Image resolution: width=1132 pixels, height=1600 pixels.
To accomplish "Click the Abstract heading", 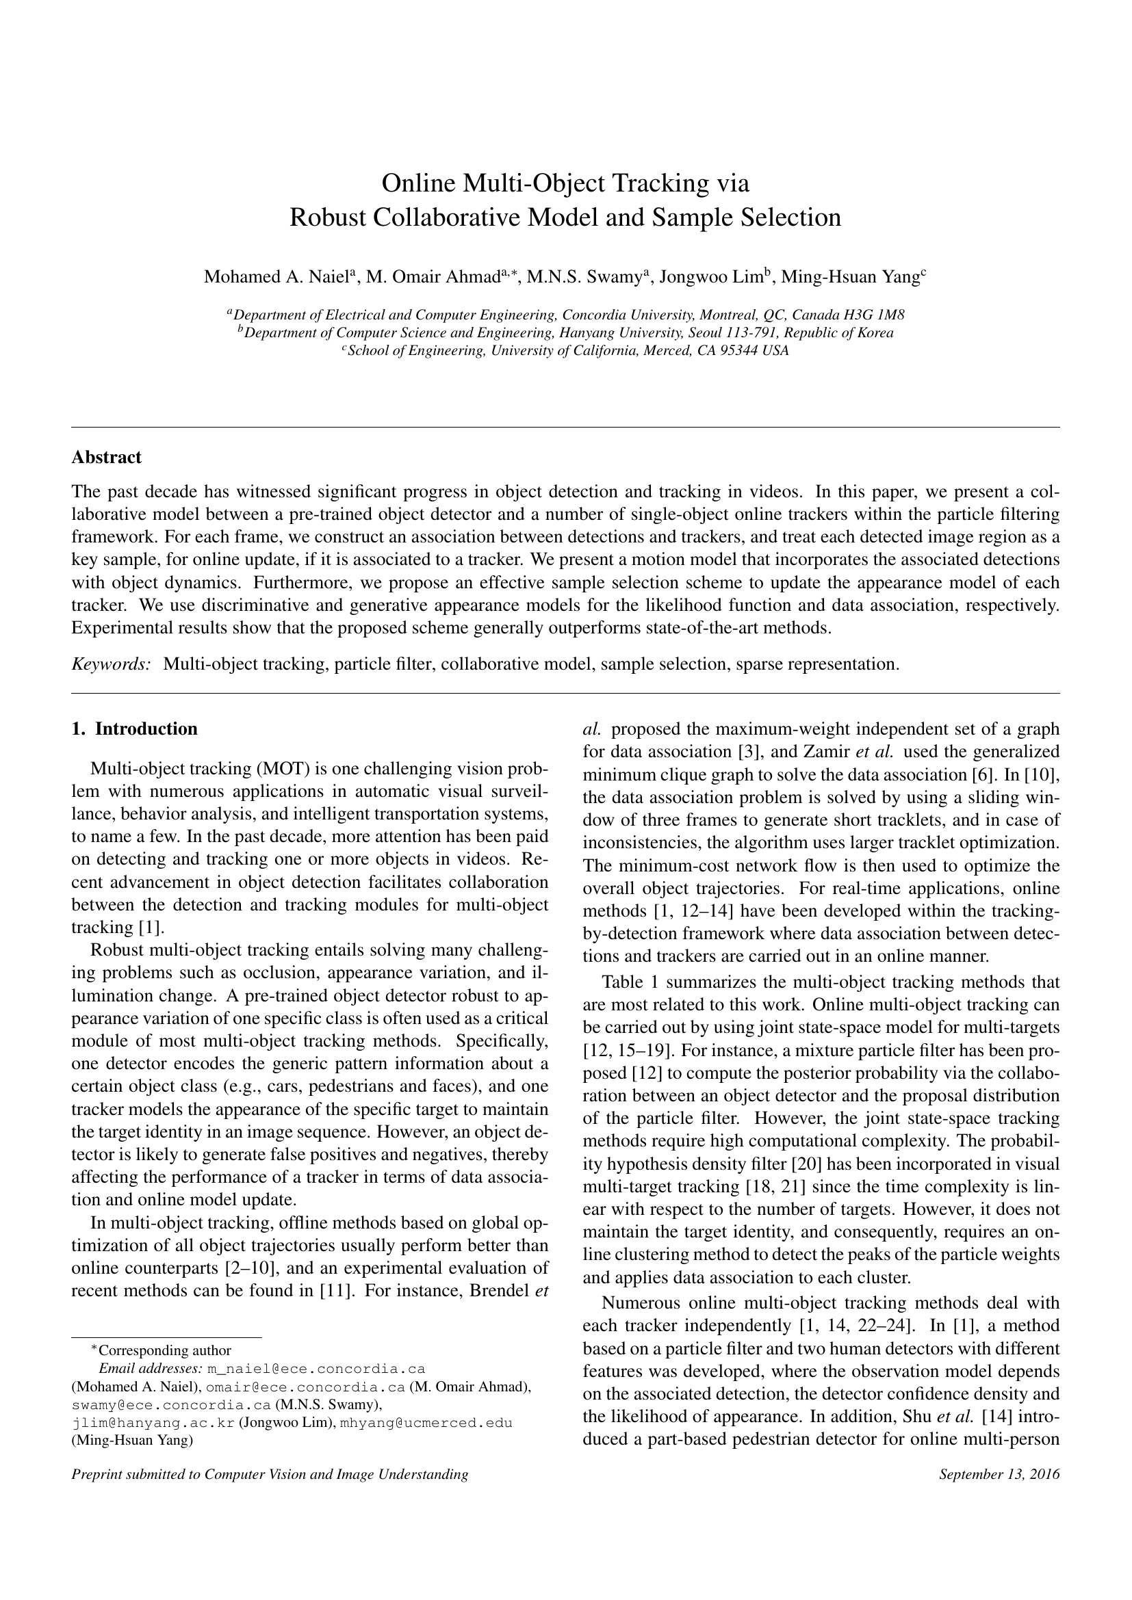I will point(106,457).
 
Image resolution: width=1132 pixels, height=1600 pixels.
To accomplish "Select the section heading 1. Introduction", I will point(135,729).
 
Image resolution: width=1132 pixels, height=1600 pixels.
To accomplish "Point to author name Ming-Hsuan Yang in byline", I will point(848,277).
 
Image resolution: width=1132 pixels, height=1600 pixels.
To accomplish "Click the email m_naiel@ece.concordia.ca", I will point(316,1368).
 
